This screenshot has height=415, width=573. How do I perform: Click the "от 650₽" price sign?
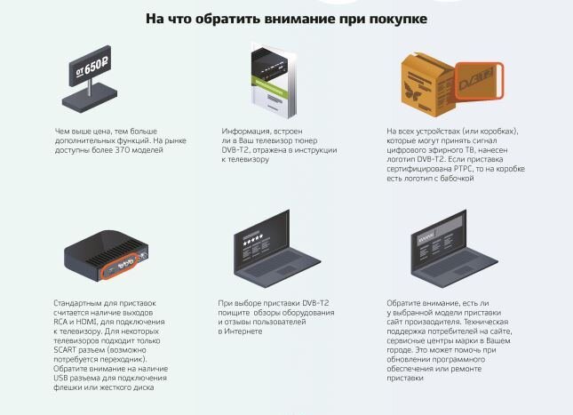[91, 66]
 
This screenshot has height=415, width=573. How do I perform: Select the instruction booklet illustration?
[274, 81]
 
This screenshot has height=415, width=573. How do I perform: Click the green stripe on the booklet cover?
[270, 87]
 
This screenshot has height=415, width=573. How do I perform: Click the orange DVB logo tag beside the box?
[479, 80]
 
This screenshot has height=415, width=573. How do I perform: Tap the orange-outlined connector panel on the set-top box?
[120, 266]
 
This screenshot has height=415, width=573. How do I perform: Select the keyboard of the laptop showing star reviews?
[278, 264]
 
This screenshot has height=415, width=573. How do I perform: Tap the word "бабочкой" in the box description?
[457, 179]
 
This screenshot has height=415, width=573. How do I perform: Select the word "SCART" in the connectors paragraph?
[65, 350]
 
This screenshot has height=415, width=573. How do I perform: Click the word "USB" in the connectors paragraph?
[60, 378]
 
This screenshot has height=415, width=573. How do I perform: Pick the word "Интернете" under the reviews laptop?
[243, 331]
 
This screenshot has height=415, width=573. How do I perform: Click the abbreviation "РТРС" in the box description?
[464, 169]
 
